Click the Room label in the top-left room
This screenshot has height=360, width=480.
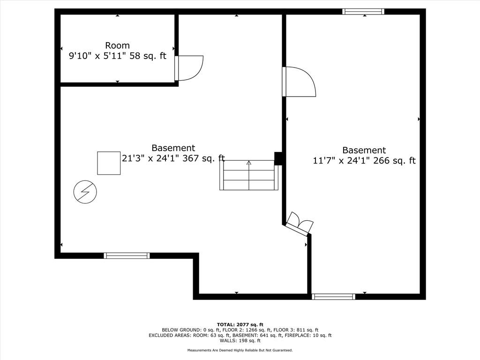click(x=117, y=45)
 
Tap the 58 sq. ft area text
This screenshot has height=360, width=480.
click(x=148, y=56)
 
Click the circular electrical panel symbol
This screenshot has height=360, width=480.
click(x=85, y=192)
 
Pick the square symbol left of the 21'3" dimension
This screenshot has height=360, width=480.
click(x=109, y=163)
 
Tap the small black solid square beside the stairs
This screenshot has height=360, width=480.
click(x=278, y=158)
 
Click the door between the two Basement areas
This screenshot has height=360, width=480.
click(x=299, y=82)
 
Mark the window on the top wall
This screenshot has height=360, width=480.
click(x=363, y=12)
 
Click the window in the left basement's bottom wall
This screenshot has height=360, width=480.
click(x=127, y=255)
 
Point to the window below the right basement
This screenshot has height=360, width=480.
click(x=333, y=297)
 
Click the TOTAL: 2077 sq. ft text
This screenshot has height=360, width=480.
click(x=240, y=324)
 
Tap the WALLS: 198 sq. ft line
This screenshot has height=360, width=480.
click(x=240, y=340)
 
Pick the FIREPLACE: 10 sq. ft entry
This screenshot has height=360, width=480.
click(x=308, y=335)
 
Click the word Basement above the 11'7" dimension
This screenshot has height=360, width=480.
click(x=364, y=150)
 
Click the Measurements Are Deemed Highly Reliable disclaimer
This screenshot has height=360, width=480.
click(x=240, y=350)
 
